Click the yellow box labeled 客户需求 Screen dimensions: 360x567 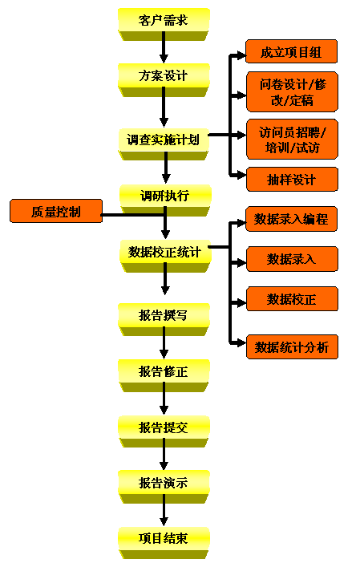pos(164,24)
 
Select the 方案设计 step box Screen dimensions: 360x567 pos(164,80)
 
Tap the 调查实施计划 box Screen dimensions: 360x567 pos(164,144)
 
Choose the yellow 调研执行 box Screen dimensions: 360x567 pos(165,200)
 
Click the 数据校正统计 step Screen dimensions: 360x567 pos(165,256)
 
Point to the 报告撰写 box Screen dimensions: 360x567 pos(164,320)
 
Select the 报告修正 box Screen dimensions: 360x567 pos(164,375)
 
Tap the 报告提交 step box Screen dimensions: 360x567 pos(164,431)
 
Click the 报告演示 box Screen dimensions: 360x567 pos(164,487)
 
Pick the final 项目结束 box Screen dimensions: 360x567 pos(164,543)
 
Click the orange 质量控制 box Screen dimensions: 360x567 pos(56,211)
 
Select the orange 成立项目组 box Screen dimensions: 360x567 pos(291,51)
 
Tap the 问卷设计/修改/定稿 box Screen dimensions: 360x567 pos(292,92)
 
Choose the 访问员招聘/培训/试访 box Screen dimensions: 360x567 pos(292,140)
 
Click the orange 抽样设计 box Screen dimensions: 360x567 pos(292,179)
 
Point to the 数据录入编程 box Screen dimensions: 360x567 pos(291,219)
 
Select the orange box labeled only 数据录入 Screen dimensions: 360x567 pos(292,259)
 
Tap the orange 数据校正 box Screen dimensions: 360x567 pos(292,299)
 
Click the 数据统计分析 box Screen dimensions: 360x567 pos(292,347)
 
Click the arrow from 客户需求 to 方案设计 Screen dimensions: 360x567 pos(164,47)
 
